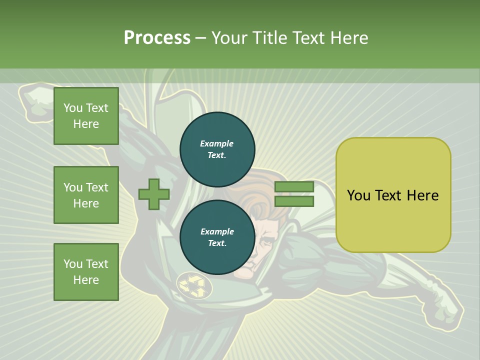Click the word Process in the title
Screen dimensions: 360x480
click(157, 38)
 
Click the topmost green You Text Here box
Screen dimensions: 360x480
click(86, 116)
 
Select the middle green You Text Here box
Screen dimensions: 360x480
click(86, 195)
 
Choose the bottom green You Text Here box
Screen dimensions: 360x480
click(86, 272)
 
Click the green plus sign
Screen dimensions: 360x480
click(153, 194)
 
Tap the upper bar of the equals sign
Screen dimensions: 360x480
click(294, 187)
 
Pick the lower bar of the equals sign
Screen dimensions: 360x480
click(294, 201)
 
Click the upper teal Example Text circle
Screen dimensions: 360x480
click(217, 149)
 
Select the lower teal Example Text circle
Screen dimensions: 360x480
click(217, 237)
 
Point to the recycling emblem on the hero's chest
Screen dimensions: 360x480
click(192, 285)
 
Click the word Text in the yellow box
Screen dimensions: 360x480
click(389, 195)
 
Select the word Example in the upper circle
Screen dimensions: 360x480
click(217, 143)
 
